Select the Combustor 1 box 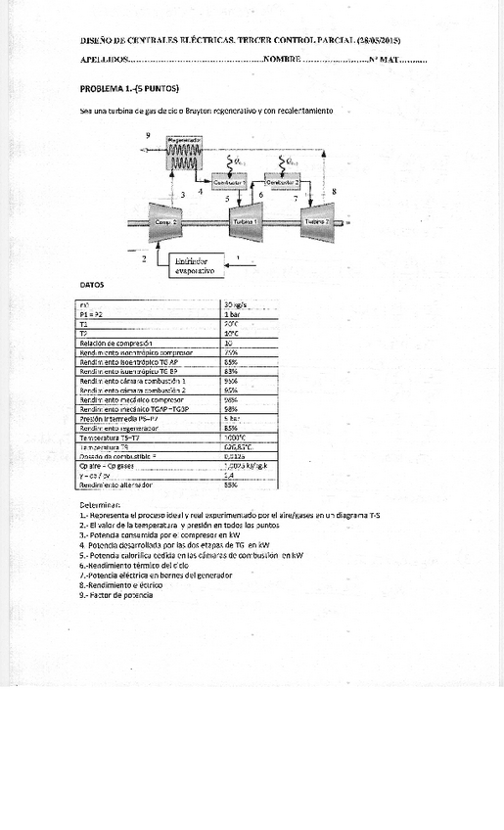pyautogui.click(x=230, y=182)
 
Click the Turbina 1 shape pyautogui.click(x=245, y=222)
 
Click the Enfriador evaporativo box pyautogui.click(x=195, y=265)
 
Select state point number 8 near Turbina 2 pyautogui.click(x=335, y=191)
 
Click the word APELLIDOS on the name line pyautogui.click(x=103, y=60)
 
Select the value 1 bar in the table pyautogui.click(x=234, y=314)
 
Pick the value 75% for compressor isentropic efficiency pyautogui.click(x=232, y=352)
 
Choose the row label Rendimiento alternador pyautogui.click(x=116, y=484)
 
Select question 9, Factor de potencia pyautogui.click(x=116, y=594)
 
